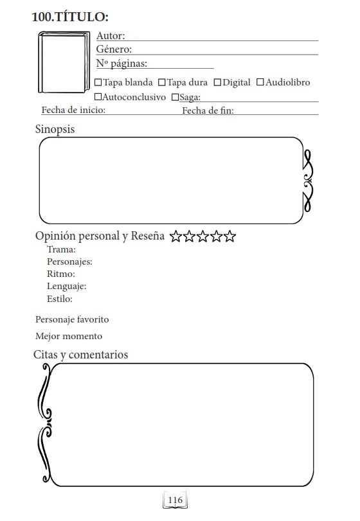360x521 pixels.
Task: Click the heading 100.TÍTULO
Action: pyautogui.click(x=70, y=17)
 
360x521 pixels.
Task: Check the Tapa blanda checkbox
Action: pyautogui.click(x=98, y=82)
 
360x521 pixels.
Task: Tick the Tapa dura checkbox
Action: pyautogui.click(x=162, y=82)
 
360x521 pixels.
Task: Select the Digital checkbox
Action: pyautogui.click(x=217, y=82)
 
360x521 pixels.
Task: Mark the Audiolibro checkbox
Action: pyautogui.click(x=260, y=82)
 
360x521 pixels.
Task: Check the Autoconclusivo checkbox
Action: pyautogui.click(x=98, y=97)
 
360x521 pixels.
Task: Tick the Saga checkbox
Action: pyautogui.click(x=175, y=98)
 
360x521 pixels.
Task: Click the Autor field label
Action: pyautogui.click(x=111, y=36)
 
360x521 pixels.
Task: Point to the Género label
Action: pyautogui.click(x=114, y=49)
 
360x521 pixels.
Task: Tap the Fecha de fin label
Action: pyautogui.click(x=208, y=110)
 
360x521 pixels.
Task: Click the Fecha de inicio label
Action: pyautogui.click(x=73, y=110)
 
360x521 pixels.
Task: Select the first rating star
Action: pyautogui.click(x=175, y=236)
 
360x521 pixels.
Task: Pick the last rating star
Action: pyautogui.click(x=230, y=236)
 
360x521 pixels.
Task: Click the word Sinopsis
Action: pyautogui.click(x=55, y=129)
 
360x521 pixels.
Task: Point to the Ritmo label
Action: pyautogui.click(x=61, y=274)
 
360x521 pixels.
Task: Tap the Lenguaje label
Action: pyautogui.click(x=67, y=286)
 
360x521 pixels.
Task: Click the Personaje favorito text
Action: pyautogui.click(x=72, y=319)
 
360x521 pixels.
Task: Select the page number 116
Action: pyautogui.click(x=175, y=500)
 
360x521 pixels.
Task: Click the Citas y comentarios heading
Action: pyautogui.click(x=81, y=355)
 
